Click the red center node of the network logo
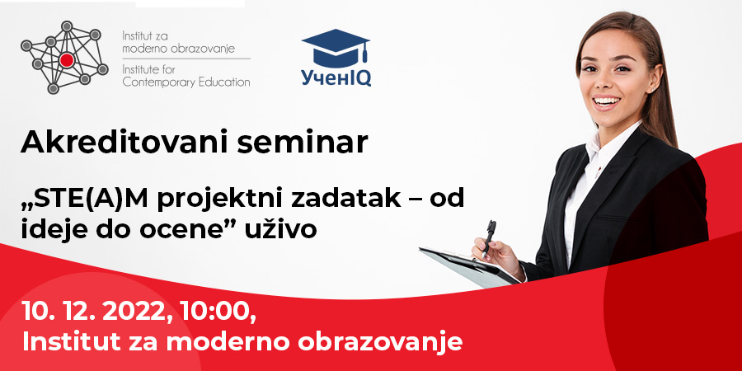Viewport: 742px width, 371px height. coord(67,59)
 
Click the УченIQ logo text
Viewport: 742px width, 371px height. coord(336,77)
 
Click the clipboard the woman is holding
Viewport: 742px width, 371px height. coord(468,267)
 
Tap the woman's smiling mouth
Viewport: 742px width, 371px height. coord(607,101)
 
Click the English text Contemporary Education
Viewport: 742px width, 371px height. coord(186,82)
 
